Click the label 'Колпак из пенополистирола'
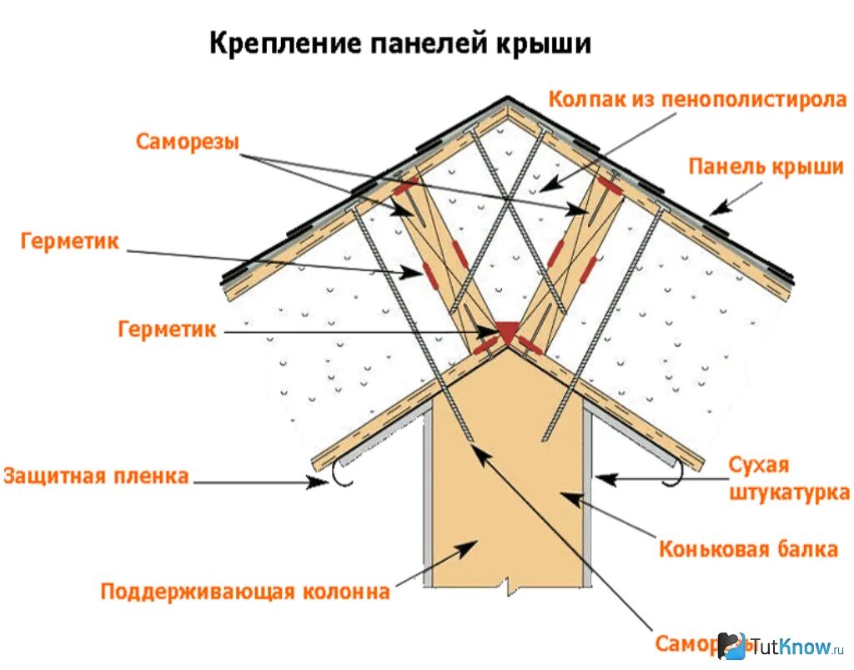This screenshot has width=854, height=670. point(697,99)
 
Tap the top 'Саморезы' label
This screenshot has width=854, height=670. point(187,141)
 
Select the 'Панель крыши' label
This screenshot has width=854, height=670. point(766,166)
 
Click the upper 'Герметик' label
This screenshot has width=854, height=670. point(70,242)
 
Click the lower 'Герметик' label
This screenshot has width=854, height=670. point(167,330)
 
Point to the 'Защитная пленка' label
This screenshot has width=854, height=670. point(96,476)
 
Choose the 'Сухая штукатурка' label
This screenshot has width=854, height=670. point(788,478)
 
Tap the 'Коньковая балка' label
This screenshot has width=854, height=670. point(748,549)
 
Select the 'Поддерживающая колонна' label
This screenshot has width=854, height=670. point(245,592)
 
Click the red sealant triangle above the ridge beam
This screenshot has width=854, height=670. point(505,331)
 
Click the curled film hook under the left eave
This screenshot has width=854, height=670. point(341,473)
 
